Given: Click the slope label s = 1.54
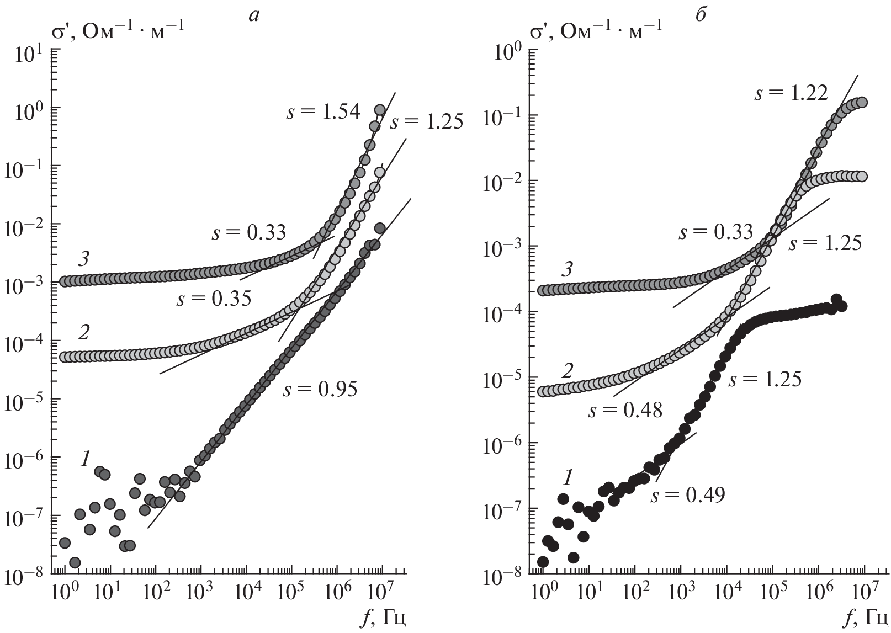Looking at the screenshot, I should coord(323,113).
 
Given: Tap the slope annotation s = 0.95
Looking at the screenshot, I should coord(320,390).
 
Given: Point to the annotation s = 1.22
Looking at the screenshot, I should coord(791,94).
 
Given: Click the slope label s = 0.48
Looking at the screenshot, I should coord(625,411).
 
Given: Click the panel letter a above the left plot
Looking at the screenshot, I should coord(253,15).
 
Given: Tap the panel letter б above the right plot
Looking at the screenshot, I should coord(702,14).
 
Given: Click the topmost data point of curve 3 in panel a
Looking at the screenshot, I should coord(380,110).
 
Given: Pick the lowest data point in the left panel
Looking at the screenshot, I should coord(75,563).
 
